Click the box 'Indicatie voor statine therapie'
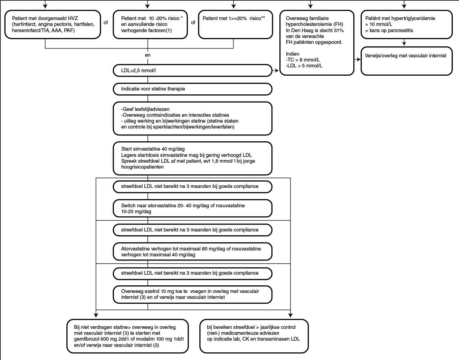(x=192, y=89)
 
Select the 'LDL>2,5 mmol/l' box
(x=192, y=70)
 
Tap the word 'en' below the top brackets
(x=148, y=55)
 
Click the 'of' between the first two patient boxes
(x=106, y=22)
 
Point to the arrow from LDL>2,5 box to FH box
(x=276, y=70)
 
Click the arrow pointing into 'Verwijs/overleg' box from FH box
(x=357, y=59)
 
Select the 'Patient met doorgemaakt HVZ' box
(x=52, y=25)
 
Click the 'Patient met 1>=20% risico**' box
(x=236, y=25)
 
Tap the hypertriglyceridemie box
(x=407, y=25)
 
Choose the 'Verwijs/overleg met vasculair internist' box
(x=407, y=61)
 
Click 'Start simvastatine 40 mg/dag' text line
(x=153, y=149)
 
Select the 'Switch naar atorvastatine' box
(x=192, y=209)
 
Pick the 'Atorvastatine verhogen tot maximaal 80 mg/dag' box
(x=192, y=252)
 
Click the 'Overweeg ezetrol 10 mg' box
(x=192, y=294)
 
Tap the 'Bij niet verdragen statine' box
(x=127, y=336)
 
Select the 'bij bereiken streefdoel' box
(x=254, y=336)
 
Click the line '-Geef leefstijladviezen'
(x=145, y=109)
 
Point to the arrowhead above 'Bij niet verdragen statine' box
(x=96, y=315)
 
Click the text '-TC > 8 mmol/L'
(x=303, y=60)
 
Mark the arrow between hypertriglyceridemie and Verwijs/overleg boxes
(x=404, y=42)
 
